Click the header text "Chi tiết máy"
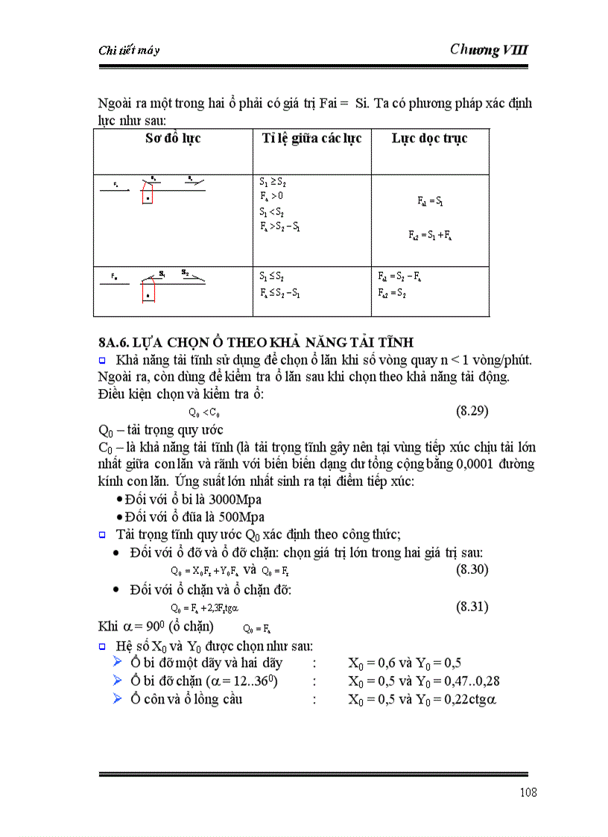point(129,51)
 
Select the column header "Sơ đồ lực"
point(172,139)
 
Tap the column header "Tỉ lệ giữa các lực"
point(311,139)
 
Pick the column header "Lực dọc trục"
point(429,139)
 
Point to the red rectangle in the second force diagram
point(149,291)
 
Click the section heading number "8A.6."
point(115,343)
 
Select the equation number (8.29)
point(472,411)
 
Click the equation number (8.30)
point(472,569)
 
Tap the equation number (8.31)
point(472,607)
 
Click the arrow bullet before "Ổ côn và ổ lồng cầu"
point(117,699)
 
